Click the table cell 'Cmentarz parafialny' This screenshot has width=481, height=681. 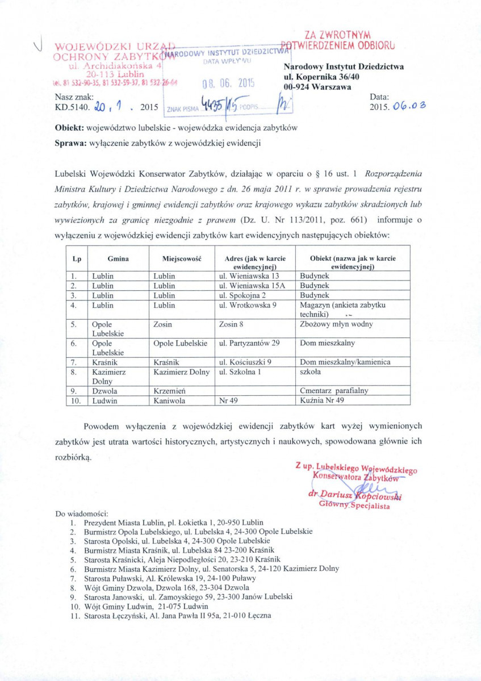tap(334, 391)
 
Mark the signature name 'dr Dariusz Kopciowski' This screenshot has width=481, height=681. tap(354, 495)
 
